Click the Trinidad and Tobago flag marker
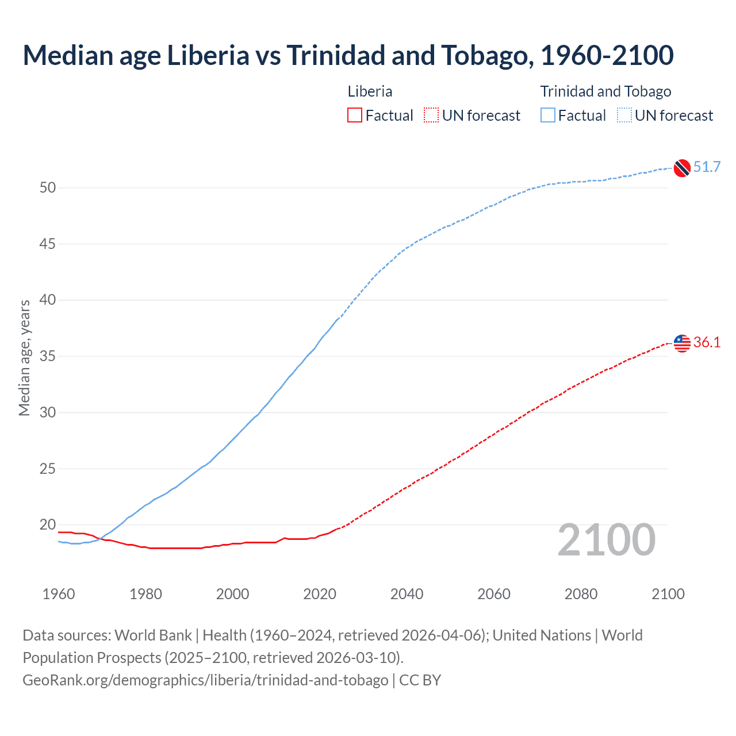click(681, 168)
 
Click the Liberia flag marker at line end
click(681, 343)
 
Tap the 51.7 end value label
click(707, 167)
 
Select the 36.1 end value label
click(707, 343)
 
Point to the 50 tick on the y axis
click(48, 188)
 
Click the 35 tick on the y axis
click(48, 356)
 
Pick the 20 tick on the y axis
click(48, 525)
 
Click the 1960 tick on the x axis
click(59, 594)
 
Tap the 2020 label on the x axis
click(320, 594)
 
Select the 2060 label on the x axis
click(494, 594)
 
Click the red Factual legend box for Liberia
click(355, 116)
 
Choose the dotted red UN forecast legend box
click(431, 116)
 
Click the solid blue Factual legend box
click(548, 116)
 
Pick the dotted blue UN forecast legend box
click(624, 116)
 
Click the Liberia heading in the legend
click(370, 91)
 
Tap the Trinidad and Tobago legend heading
click(605, 91)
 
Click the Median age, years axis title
click(24, 358)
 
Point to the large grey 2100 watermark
click(606, 540)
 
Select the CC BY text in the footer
click(420, 680)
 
